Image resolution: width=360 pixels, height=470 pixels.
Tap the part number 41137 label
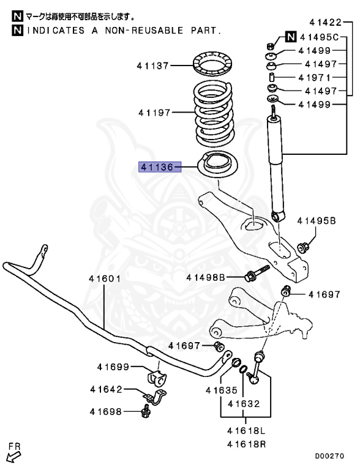(152, 64)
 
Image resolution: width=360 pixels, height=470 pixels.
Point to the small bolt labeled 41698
(146, 414)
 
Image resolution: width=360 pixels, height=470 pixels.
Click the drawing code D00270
(330, 456)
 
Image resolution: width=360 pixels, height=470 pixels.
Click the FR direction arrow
(13, 453)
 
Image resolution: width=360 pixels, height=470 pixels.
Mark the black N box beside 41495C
(291, 38)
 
